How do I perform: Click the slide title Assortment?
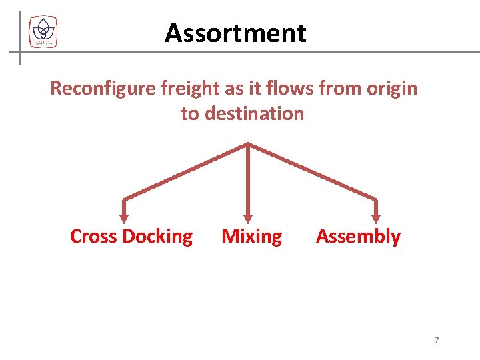[x=235, y=33]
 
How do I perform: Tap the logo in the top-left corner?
[x=43, y=31]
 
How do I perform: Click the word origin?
[x=392, y=88]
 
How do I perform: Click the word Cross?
[x=94, y=237]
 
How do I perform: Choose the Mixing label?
[x=251, y=237]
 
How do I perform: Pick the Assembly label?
[x=358, y=237]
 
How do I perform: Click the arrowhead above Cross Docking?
[x=123, y=216]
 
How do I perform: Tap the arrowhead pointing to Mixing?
[x=248, y=216]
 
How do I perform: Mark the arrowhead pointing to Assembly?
[x=376, y=216]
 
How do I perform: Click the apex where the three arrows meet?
[x=248, y=144]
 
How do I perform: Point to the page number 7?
[x=437, y=340]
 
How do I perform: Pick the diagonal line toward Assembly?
[x=312, y=171]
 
